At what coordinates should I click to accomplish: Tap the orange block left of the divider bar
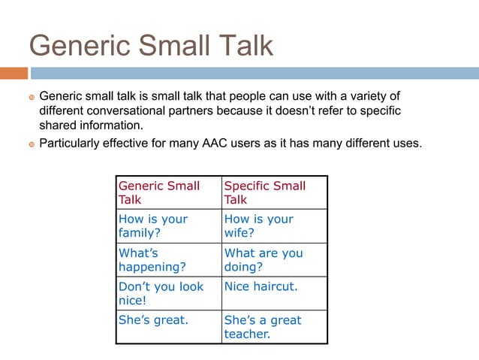click(x=14, y=73)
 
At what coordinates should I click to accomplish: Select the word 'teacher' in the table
click(x=246, y=334)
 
